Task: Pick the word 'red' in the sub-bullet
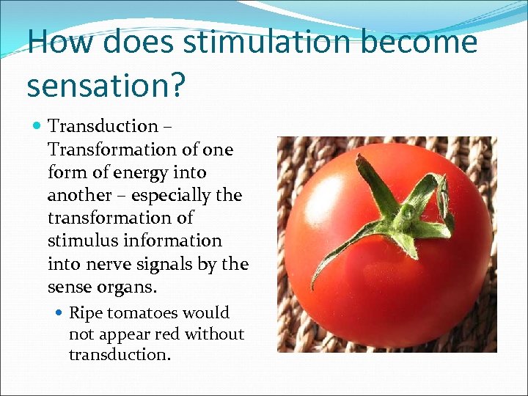(x=166, y=334)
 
